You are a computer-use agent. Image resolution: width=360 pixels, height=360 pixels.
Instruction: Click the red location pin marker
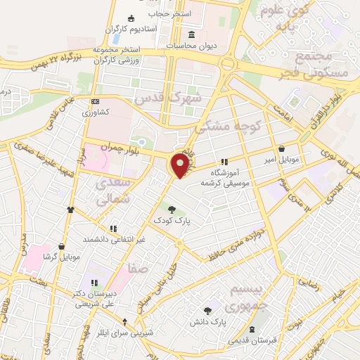181,166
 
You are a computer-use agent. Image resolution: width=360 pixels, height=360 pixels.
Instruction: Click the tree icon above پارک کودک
172,208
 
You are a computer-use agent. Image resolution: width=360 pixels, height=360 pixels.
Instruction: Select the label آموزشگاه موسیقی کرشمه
231,177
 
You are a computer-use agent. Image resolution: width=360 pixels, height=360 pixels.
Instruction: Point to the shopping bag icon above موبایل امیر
282,149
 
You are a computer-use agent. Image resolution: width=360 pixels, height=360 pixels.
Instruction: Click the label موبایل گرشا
62,257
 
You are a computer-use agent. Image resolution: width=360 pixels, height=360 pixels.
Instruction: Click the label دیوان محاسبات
193,46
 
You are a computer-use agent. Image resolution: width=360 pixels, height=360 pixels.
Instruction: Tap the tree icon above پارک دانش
207,310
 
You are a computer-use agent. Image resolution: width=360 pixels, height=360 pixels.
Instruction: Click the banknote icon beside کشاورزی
96,102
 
